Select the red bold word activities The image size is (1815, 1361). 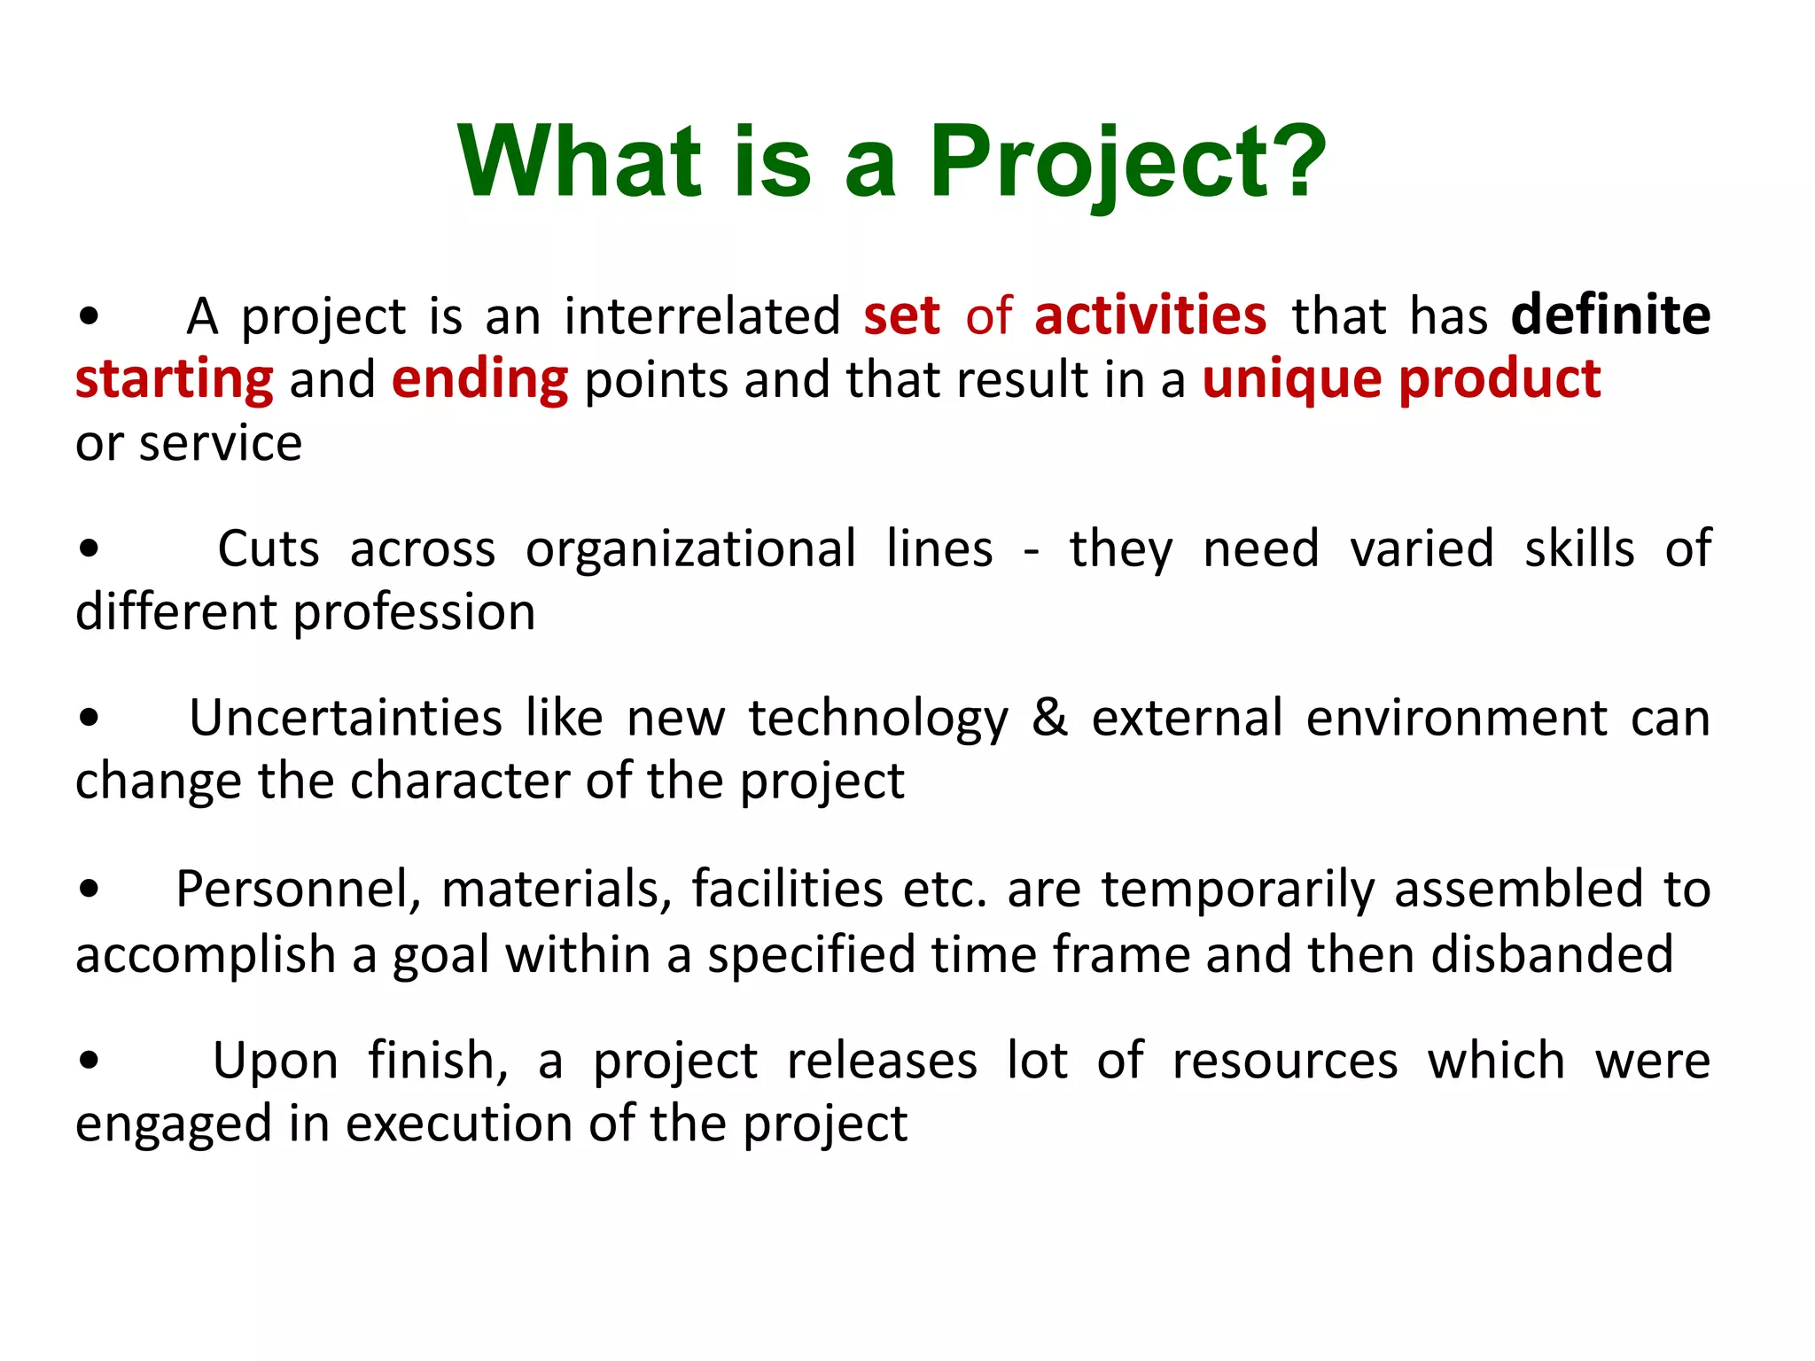pyautogui.click(x=1150, y=315)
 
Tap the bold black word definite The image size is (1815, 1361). pyautogui.click(x=1610, y=315)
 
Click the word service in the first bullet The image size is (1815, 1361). pyautogui.click(x=221, y=443)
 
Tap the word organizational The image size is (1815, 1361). pyautogui.click(x=690, y=549)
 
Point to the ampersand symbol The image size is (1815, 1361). pyautogui.click(x=1049, y=718)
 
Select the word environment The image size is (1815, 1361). pyautogui.click(x=1456, y=718)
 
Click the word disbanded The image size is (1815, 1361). pyautogui.click(x=1552, y=954)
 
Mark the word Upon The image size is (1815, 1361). pyautogui.click(x=276, y=1062)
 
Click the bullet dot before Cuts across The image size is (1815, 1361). pyautogui.click(x=88, y=549)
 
